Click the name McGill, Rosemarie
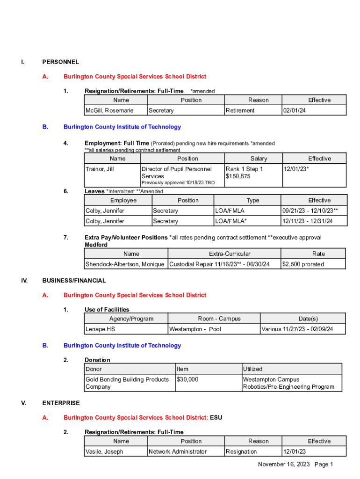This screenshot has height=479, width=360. [109, 110]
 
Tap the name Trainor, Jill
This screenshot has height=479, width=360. [99, 169]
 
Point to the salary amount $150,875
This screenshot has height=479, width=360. [238, 176]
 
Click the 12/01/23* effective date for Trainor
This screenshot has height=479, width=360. [296, 169]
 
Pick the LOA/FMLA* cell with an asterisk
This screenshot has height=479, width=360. [231, 221]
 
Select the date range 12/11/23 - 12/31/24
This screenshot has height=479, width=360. [308, 221]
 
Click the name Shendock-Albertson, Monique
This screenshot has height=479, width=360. [125, 264]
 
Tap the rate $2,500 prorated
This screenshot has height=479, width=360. [303, 264]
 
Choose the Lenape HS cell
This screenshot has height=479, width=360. [100, 329]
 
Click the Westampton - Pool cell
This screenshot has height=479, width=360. [195, 329]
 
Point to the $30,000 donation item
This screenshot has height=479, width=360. [187, 379]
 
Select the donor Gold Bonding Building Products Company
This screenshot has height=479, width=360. [127, 383]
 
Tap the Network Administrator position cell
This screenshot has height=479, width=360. [177, 452]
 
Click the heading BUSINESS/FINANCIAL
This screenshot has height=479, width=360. [74, 281]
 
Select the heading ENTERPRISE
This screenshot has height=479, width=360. [61, 403]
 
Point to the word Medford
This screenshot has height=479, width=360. [96, 245]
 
